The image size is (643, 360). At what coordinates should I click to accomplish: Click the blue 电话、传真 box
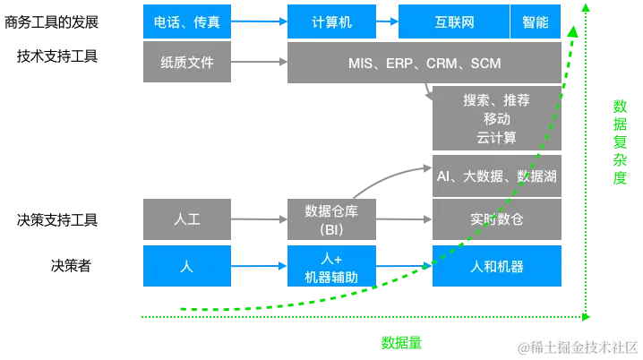click(x=187, y=22)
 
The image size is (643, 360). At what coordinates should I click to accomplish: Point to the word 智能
click(x=535, y=22)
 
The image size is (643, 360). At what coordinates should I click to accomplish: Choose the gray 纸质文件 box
click(x=187, y=64)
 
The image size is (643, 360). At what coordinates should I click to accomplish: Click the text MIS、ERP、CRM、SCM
click(x=424, y=64)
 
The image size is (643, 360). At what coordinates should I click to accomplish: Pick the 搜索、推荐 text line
click(x=496, y=100)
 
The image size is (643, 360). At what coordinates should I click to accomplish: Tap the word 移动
click(x=496, y=119)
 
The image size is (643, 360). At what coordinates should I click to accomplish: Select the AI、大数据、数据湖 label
click(x=496, y=176)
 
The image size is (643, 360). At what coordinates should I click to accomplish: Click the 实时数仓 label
click(x=496, y=219)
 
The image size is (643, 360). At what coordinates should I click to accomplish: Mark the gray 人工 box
click(x=187, y=219)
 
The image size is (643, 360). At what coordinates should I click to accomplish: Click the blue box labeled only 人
click(x=187, y=267)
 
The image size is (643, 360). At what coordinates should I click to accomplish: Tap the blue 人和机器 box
click(x=496, y=267)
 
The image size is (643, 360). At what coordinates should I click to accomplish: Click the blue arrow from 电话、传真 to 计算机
click(x=259, y=22)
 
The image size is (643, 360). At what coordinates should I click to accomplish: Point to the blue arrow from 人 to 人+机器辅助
click(x=259, y=267)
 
